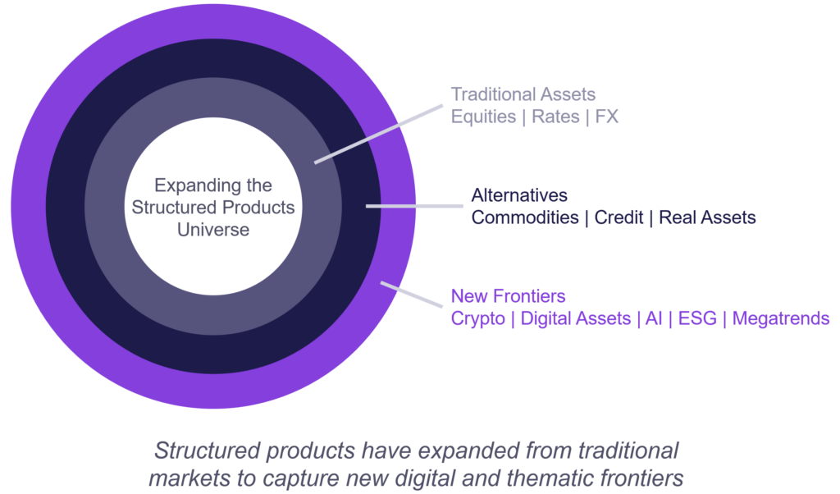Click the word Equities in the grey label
(x=482, y=117)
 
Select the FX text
(x=606, y=117)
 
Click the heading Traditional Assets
(x=523, y=94)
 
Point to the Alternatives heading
(x=519, y=195)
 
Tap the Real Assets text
(x=707, y=217)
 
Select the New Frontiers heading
(x=509, y=296)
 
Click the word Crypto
(x=478, y=318)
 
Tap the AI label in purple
(x=654, y=318)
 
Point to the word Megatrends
(x=781, y=318)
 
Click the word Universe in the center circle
(x=213, y=229)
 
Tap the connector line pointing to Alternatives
(x=410, y=206)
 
